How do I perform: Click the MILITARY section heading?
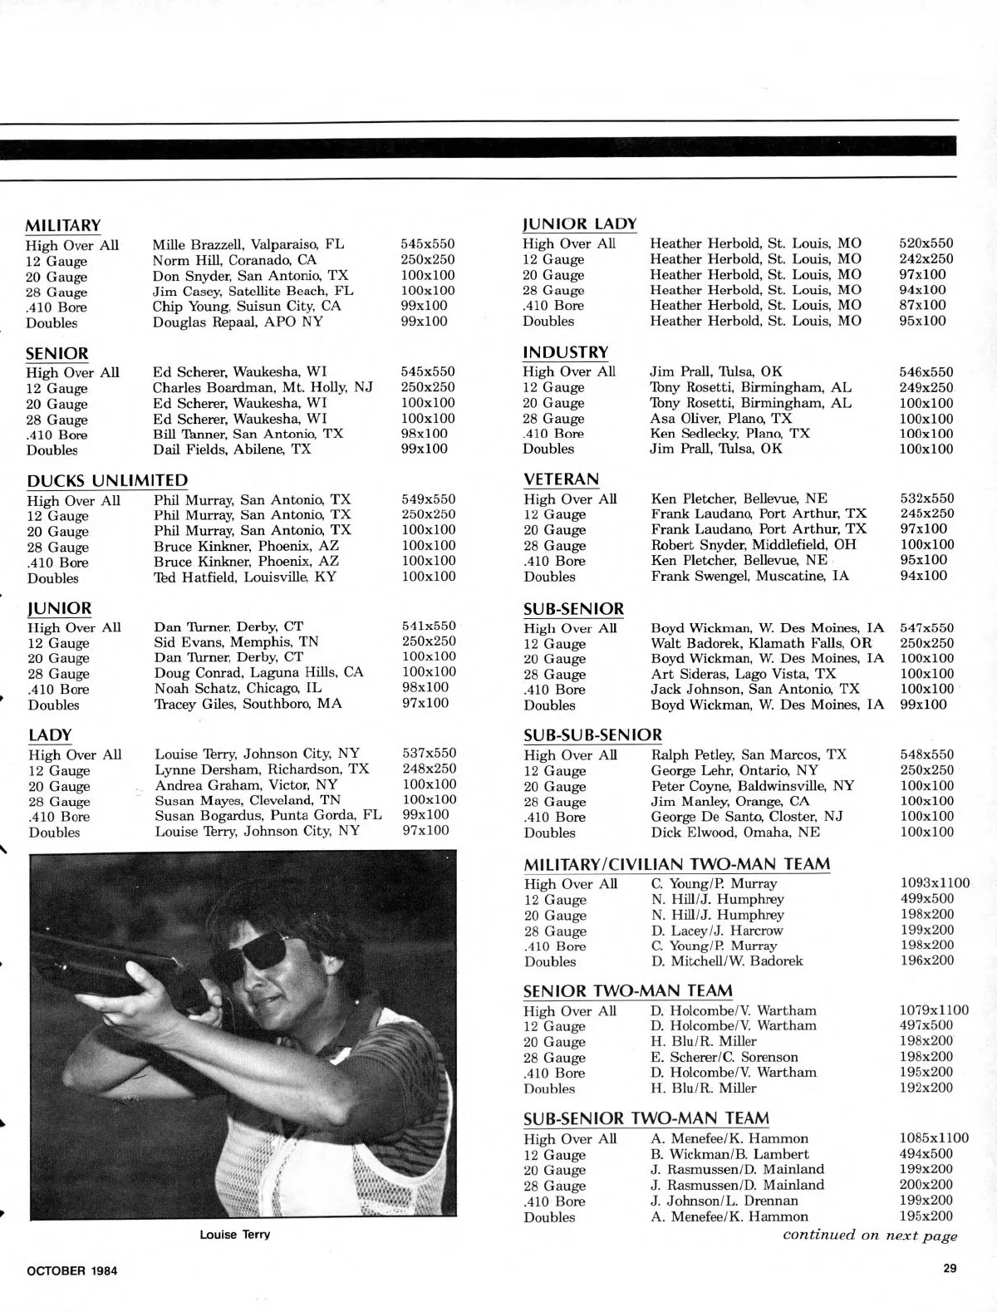tap(63, 226)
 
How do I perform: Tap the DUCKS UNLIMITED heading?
tap(107, 481)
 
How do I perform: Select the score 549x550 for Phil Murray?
tap(428, 499)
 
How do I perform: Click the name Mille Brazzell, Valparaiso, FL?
tap(248, 244)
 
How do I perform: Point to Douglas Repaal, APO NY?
tap(237, 322)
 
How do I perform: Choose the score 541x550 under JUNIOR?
tap(429, 627)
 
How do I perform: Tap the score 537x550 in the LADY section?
tap(429, 754)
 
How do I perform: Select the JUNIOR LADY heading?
tap(579, 224)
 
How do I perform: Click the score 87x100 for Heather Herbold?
tap(922, 305)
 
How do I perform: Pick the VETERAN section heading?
tap(561, 479)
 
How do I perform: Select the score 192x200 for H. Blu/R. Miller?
tap(926, 1088)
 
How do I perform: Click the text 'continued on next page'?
tap(869, 1236)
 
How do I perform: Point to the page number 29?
tap(950, 1268)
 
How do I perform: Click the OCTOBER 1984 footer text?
tap(72, 1270)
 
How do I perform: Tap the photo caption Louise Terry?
tap(235, 1235)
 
